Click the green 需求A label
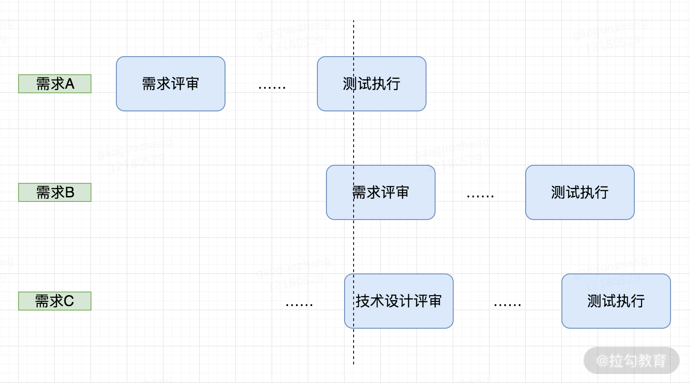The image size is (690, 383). click(55, 84)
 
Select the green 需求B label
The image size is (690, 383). click(55, 192)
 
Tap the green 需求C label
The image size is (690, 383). click(55, 301)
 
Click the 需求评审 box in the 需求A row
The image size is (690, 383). click(171, 84)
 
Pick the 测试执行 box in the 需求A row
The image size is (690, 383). click(372, 84)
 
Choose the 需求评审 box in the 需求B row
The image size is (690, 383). click(381, 192)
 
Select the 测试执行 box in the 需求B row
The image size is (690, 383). click(580, 192)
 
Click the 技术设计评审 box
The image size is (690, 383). click(399, 301)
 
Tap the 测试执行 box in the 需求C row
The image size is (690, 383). click(616, 301)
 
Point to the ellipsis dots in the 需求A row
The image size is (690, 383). click(272, 87)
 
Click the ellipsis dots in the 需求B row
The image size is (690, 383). click(480, 196)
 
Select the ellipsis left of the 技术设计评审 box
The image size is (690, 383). click(299, 305)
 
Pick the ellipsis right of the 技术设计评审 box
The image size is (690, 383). click(508, 305)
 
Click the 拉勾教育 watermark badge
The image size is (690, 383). click(632, 361)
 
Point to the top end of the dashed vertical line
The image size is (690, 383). click(354, 21)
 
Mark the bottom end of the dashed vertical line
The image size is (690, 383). click(354, 363)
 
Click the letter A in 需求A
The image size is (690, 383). click(70, 84)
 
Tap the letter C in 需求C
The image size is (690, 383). click(69, 301)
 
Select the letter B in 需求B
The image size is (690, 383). click(70, 192)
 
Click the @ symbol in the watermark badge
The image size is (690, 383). click(602, 361)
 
